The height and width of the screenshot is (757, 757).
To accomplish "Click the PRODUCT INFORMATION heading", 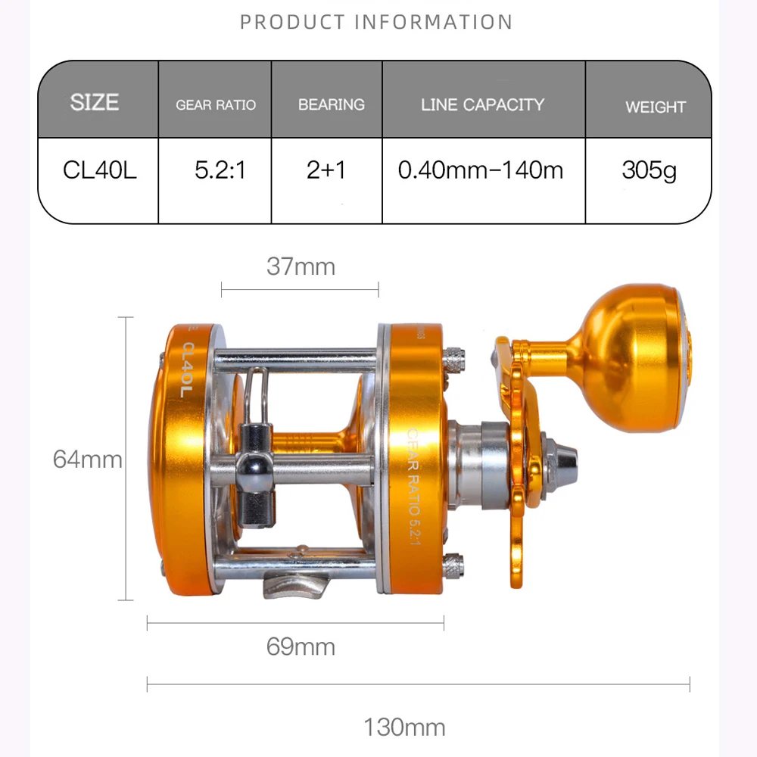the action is [x=376, y=22].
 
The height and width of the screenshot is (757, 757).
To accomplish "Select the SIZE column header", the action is [x=95, y=102].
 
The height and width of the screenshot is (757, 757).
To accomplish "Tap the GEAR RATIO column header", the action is [x=216, y=104].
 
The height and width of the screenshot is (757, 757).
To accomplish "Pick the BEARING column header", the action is [x=332, y=104].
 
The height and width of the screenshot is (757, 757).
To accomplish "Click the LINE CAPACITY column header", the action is [x=482, y=104].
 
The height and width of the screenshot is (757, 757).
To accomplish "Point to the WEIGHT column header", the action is [x=656, y=107].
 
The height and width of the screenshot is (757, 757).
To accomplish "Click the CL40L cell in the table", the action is [x=100, y=170].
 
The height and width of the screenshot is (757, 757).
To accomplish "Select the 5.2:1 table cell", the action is [x=220, y=170].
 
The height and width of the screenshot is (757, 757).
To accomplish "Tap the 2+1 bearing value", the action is [x=326, y=170].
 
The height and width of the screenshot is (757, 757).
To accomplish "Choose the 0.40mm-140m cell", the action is [x=481, y=170].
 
